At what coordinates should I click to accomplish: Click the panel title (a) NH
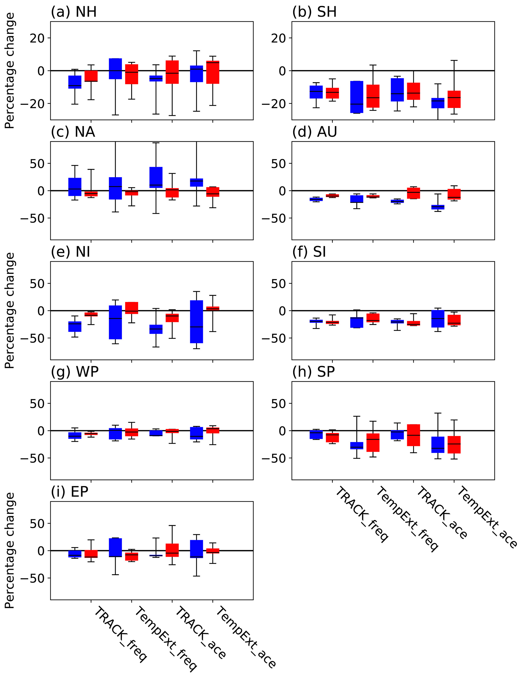(x=74, y=12)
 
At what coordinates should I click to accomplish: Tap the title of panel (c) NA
(x=73, y=132)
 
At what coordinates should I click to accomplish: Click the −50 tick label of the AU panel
(x=274, y=218)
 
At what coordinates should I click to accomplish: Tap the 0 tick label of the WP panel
(x=41, y=431)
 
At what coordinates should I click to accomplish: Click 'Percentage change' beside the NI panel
(x=10, y=310)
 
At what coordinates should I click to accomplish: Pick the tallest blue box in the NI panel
(x=197, y=321)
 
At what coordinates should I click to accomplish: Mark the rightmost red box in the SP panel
(x=454, y=445)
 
